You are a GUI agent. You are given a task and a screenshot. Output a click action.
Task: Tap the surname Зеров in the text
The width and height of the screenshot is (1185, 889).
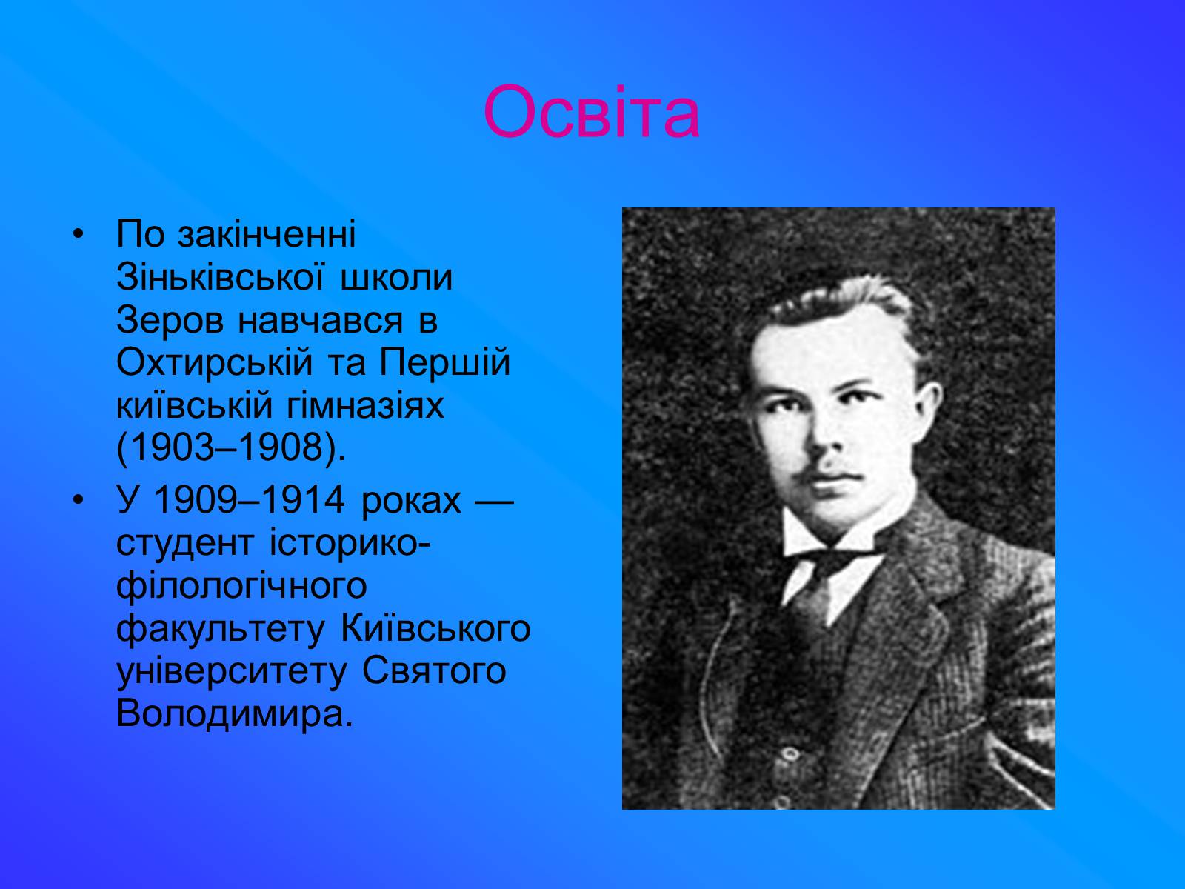coord(170,320)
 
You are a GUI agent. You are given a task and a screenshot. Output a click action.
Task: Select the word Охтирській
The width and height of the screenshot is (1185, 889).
coord(214,362)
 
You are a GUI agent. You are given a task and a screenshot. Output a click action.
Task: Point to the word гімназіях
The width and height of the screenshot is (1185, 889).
coord(365,406)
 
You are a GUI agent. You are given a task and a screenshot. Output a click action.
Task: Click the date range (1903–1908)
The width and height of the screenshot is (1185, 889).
coord(231,448)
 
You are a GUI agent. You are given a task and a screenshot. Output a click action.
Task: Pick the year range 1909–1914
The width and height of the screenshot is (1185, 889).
coord(249,499)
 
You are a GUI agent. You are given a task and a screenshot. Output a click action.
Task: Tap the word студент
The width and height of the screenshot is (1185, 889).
coord(185,543)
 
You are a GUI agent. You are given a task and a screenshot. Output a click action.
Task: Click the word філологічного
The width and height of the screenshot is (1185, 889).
coord(242,586)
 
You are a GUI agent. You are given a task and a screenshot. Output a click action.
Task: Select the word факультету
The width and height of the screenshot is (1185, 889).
coord(221,629)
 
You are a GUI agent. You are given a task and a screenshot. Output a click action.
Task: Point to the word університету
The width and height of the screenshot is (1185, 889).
coord(232,672)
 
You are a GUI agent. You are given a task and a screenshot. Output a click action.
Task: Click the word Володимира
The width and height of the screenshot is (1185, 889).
coord(234,714)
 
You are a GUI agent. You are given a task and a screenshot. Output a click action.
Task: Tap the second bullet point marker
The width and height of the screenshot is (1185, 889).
coord(79,500)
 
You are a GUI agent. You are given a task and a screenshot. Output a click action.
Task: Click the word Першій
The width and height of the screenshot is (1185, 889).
coord(445,362)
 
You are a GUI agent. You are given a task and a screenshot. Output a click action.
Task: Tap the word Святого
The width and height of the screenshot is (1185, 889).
coord(434,672)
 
